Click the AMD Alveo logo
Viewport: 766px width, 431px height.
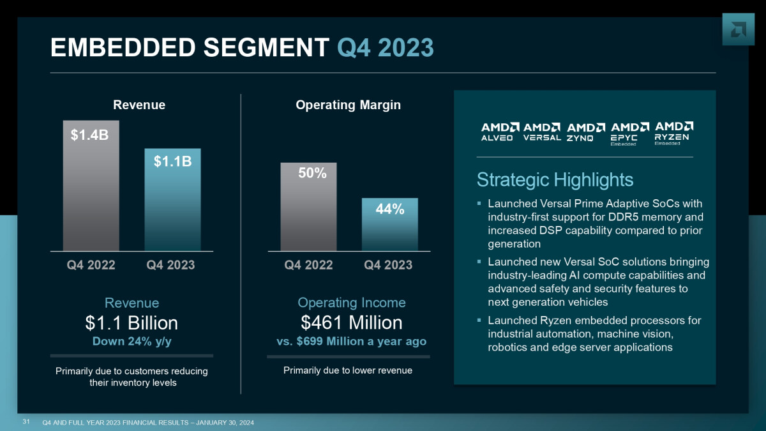pyautogui.click(x=497, y=132)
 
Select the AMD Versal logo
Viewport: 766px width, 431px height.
pyautogui.click(x=542, y=132)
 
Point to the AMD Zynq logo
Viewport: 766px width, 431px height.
pyautogui.click(x=585, y=132)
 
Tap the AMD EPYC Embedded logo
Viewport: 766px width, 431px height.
pyautogui.click(x=629, y=133)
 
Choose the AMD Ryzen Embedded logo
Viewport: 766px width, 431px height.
pyautogui.click(x=674, y=133)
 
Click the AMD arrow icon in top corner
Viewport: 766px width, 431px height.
pyautogui.click(x=738, y=29)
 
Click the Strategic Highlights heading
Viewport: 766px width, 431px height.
pyautogui.click(x=555, y=180)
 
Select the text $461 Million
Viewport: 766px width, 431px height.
pyautogui.click(x=351, y=322)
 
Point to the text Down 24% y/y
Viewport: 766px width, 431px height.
pyautogui.click(x=131, y=341)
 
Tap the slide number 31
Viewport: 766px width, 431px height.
pyautogui.click(x=26, y=421)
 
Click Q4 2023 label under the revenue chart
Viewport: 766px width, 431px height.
pyautogui.click(x=170, y=265)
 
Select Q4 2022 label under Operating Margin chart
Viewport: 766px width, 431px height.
pyautogui.click(x=308, y=265)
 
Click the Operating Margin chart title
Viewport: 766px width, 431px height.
pyautogui.click(x=348, y=105)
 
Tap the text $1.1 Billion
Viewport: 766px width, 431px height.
pyautogui.click(x=131, y=322)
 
